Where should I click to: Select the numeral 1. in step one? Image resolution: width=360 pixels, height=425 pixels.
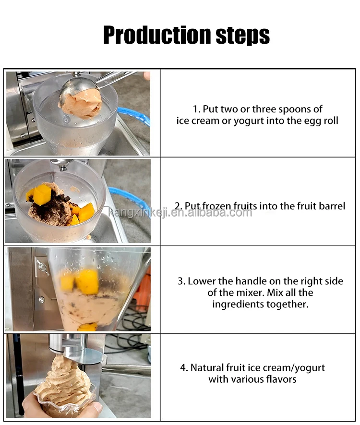(195, 109)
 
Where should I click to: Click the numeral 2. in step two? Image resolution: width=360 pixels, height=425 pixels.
(178, 206)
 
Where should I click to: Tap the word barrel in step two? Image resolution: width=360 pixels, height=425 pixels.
(331, 206)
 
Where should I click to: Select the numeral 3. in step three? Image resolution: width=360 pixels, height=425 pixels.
(181, 281)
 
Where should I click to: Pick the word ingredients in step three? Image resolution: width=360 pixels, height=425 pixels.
(239, 304)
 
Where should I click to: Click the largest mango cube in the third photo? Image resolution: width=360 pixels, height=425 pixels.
(87, 281)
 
